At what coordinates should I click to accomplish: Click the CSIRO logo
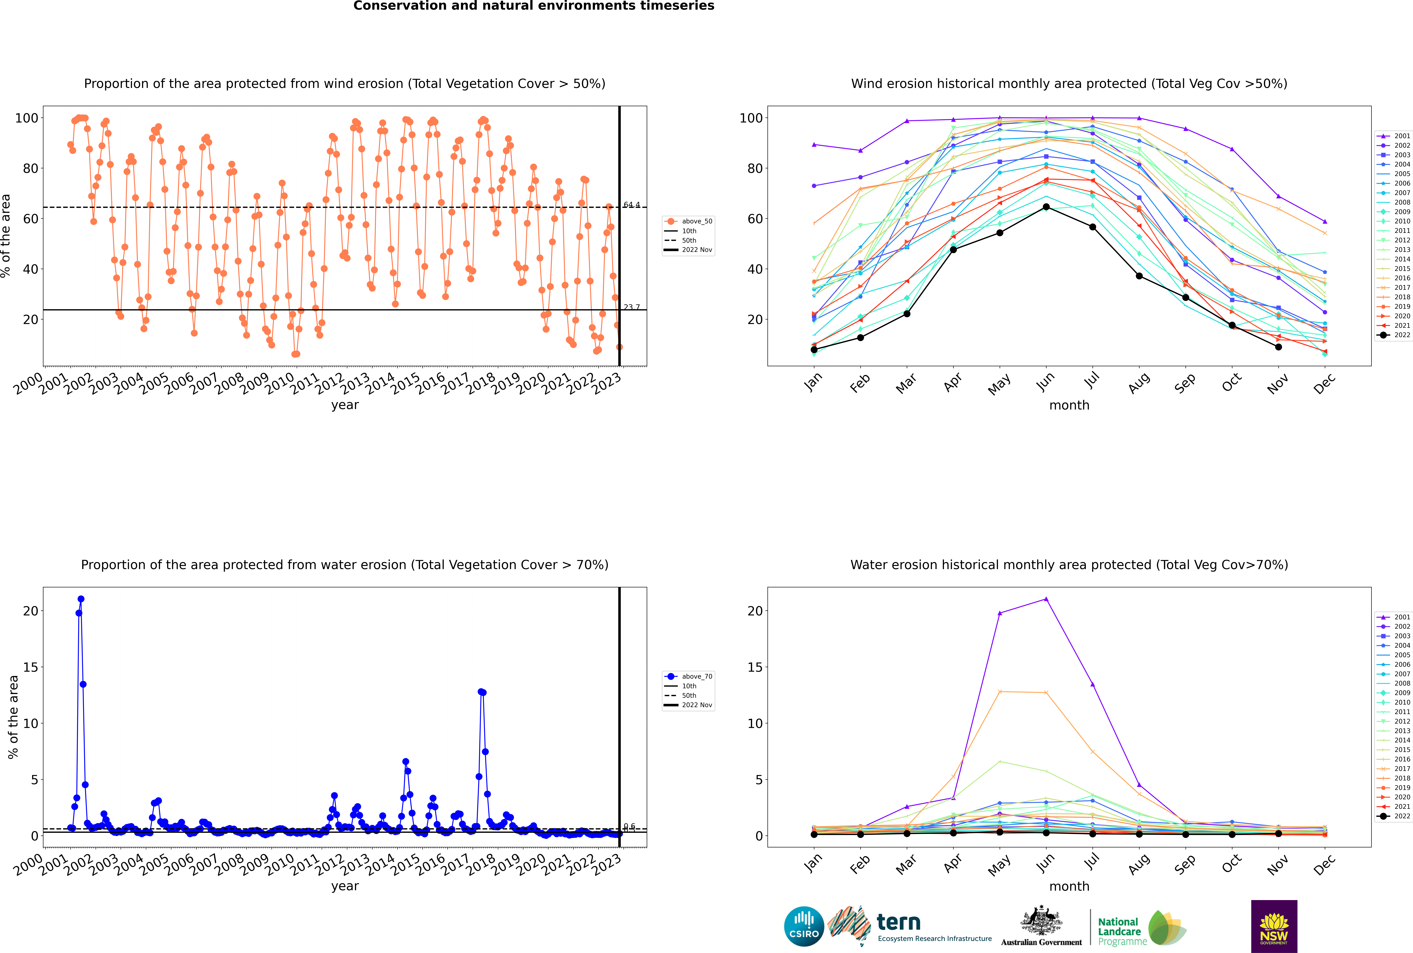click(804, 926)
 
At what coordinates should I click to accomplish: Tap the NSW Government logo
click(1274, 926)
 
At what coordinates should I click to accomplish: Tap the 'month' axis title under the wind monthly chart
click(1069, 405)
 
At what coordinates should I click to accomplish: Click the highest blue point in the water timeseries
click(81, 599)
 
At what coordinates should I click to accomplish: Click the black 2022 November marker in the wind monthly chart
click(1278, 347)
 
